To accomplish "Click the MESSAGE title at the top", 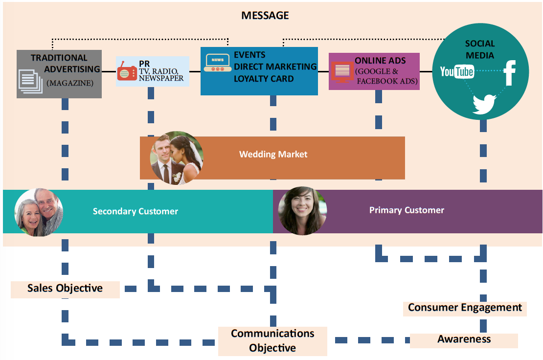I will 265,16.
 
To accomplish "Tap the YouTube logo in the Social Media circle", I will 456,72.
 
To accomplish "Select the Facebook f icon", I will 510,72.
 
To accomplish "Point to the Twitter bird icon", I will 484,104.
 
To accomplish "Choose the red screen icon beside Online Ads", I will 342,71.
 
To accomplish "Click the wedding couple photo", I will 176,158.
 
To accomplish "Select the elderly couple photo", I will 39,212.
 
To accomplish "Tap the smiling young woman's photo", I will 302,211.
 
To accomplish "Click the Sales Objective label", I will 65,288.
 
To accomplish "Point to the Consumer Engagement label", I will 465,308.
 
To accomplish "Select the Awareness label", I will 464,339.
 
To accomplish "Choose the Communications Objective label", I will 272,340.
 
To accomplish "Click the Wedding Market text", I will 273,155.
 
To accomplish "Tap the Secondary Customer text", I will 136,212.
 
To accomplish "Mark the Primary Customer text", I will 407,210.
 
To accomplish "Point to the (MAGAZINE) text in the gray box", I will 70,83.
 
